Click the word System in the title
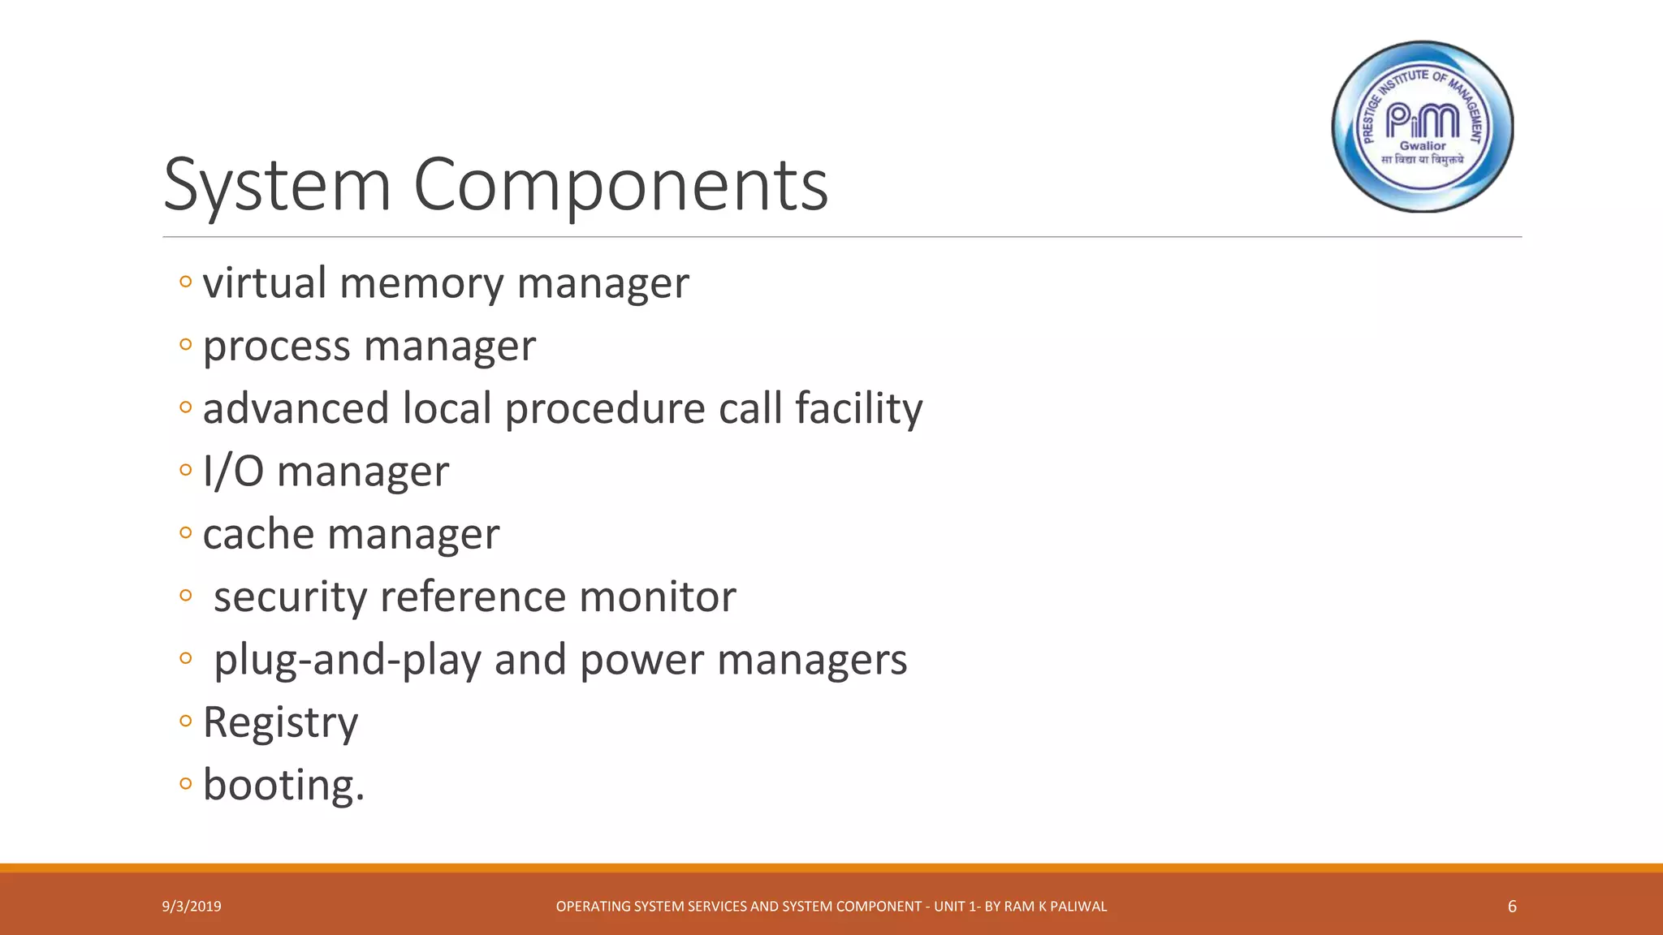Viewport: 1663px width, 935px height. pos(277,185)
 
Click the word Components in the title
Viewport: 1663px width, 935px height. pos(620,185)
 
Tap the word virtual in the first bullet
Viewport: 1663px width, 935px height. pos(265,283)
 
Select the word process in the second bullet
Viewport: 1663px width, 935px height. pos(277,347)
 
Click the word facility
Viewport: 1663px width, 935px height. pos(858,408)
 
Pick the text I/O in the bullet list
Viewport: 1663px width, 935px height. pos(233,472)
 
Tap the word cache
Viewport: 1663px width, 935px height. pos(258,535)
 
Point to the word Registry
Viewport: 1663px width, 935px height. pos(280,722)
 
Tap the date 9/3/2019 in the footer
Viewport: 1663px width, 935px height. pos(192,907)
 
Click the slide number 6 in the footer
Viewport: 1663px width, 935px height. pos(1512,907)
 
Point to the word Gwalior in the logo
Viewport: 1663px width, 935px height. pos(1423,146)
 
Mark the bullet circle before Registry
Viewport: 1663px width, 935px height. pos(185,721)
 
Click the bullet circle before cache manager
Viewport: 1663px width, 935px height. pos(185,533)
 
